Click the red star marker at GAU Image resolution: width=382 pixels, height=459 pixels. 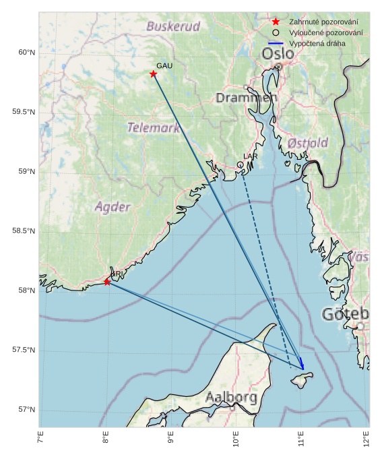point(153,74)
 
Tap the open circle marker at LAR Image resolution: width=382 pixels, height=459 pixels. point(240,164)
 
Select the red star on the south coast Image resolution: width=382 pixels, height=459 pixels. point(107,282)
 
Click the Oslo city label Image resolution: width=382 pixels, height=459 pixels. point(278,53)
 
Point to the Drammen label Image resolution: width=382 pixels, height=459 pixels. point(246,98)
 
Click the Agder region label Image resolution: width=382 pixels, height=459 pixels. point(113,207)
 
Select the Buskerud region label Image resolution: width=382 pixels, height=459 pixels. point(173,27)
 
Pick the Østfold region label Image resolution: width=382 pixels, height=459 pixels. point(307,143)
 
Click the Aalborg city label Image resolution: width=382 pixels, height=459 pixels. point(231,398)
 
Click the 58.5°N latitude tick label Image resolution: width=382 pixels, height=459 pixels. point(24,231)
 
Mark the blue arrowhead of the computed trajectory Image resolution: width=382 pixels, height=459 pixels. point(302,366)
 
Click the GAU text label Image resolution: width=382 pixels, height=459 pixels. point(164,65)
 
